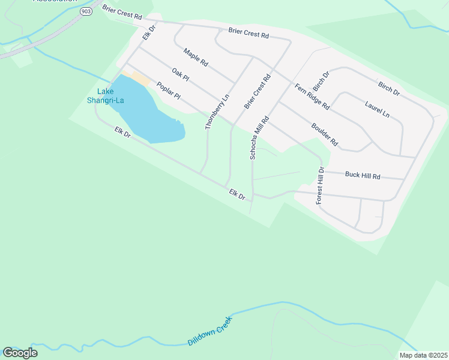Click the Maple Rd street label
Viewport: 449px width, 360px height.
click(x=196, y=57)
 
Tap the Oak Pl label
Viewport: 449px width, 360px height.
click(x=180, y=75)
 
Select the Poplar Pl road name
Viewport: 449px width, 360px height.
click(x=168, y=92)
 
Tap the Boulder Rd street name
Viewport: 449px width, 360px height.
click(x=325, y=135)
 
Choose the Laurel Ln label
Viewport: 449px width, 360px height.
click(x=377, y=109)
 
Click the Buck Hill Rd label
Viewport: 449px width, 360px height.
click(x=363, y=176)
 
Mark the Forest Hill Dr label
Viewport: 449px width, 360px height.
click(x=321, y=187)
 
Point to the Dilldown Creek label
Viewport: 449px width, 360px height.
click(x=209, y=331)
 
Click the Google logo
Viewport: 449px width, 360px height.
click(x=20, y=352)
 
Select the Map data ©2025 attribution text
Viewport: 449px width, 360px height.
click(x=423, y=355)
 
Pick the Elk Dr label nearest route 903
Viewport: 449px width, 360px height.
click(x=149, y=32)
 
